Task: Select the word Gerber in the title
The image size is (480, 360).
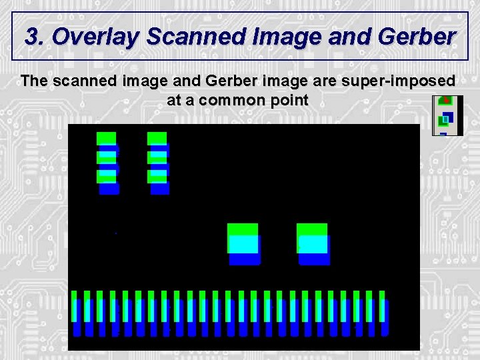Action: tap(415, 37)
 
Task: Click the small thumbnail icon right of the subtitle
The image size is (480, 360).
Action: tap(447, 115)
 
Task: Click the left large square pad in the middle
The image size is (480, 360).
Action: tap(243, 244)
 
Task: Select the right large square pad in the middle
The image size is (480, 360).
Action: tap(313, 244)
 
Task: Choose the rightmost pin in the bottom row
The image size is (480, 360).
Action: tap(384, 312)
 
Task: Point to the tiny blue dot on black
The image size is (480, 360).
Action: tap(116, 233)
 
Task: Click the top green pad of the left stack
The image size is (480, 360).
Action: tap(106, 138)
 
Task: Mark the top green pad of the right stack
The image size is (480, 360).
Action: tap(157, 138)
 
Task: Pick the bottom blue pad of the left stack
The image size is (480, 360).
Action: tap(109, 189)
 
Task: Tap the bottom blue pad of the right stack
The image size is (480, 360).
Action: tap(160, 189)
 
